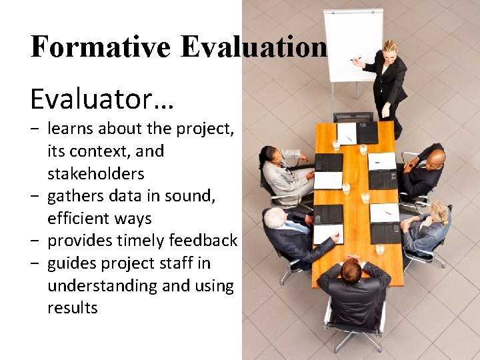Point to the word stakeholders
(x=95, y=174)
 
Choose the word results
(x=72, y=308)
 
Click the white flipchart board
(x=353, y=43)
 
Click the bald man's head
(x=435, y=159)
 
